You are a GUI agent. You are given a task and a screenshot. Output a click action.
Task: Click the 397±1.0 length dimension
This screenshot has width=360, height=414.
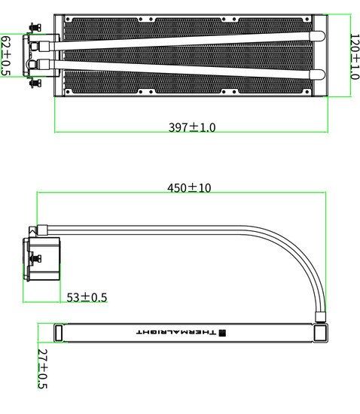tap(192, 127)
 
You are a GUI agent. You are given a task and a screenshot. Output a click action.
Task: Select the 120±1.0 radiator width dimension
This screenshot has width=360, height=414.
tap(355, 56)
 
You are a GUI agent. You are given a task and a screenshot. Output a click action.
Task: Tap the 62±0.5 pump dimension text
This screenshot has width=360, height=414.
tap(6, 56)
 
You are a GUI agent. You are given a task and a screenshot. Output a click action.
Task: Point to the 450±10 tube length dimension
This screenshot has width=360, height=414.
tap(189, 187)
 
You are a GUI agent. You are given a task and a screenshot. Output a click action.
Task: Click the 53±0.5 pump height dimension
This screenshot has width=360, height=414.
tap(87, 297)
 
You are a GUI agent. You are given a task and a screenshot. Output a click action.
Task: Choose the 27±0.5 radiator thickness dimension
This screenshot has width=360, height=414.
tap(42, 369)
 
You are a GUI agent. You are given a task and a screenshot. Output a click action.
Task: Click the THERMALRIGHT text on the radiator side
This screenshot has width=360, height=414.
tap(176, 333)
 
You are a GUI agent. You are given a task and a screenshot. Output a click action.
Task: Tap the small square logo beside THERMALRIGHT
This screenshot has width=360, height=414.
tap(223, 333)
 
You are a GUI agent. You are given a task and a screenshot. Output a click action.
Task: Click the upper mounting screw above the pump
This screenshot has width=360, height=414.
tap(35, 27)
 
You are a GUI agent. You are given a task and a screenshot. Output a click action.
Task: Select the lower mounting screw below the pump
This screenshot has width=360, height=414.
tap(35, 83)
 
